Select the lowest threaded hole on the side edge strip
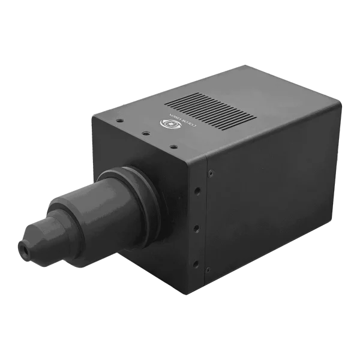(x=194, y=262)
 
